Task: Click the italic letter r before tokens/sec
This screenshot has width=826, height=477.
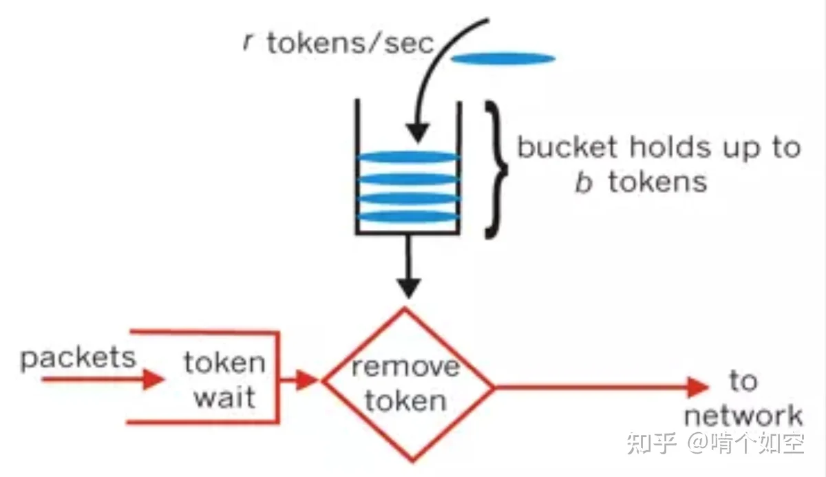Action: tap(248, 43)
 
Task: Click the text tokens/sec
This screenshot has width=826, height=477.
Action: tap(350, 43)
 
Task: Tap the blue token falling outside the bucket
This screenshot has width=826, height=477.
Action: tap(503, 59)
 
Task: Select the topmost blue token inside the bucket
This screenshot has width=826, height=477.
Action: tap(408, 157)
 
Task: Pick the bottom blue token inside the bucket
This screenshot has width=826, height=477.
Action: tap(408, 217)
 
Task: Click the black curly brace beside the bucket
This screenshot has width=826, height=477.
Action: tap(496, 169)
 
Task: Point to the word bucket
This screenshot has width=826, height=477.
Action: tap(567, 147)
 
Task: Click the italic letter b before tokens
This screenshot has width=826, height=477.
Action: tap(584, 182)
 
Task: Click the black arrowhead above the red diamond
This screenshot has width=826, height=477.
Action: tap(409, 288)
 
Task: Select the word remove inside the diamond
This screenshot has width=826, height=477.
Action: tap(405, 367)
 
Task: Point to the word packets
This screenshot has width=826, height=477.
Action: tap(78, 359)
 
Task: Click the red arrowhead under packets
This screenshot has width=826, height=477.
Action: tap(153, 379)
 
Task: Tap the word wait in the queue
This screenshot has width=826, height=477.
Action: tap(224, 397)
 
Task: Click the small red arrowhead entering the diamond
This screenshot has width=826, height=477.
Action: tap(307, 380)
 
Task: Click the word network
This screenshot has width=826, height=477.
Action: tap(743, 416)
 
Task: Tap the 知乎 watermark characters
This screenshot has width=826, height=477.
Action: tap(652, 443)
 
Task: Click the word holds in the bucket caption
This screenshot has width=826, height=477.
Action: tap(670, 147)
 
